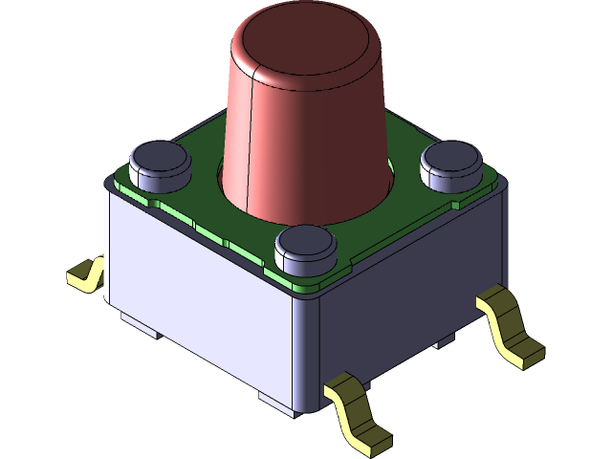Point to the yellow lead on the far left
coord(85,274)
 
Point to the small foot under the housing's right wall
coord(445,341)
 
